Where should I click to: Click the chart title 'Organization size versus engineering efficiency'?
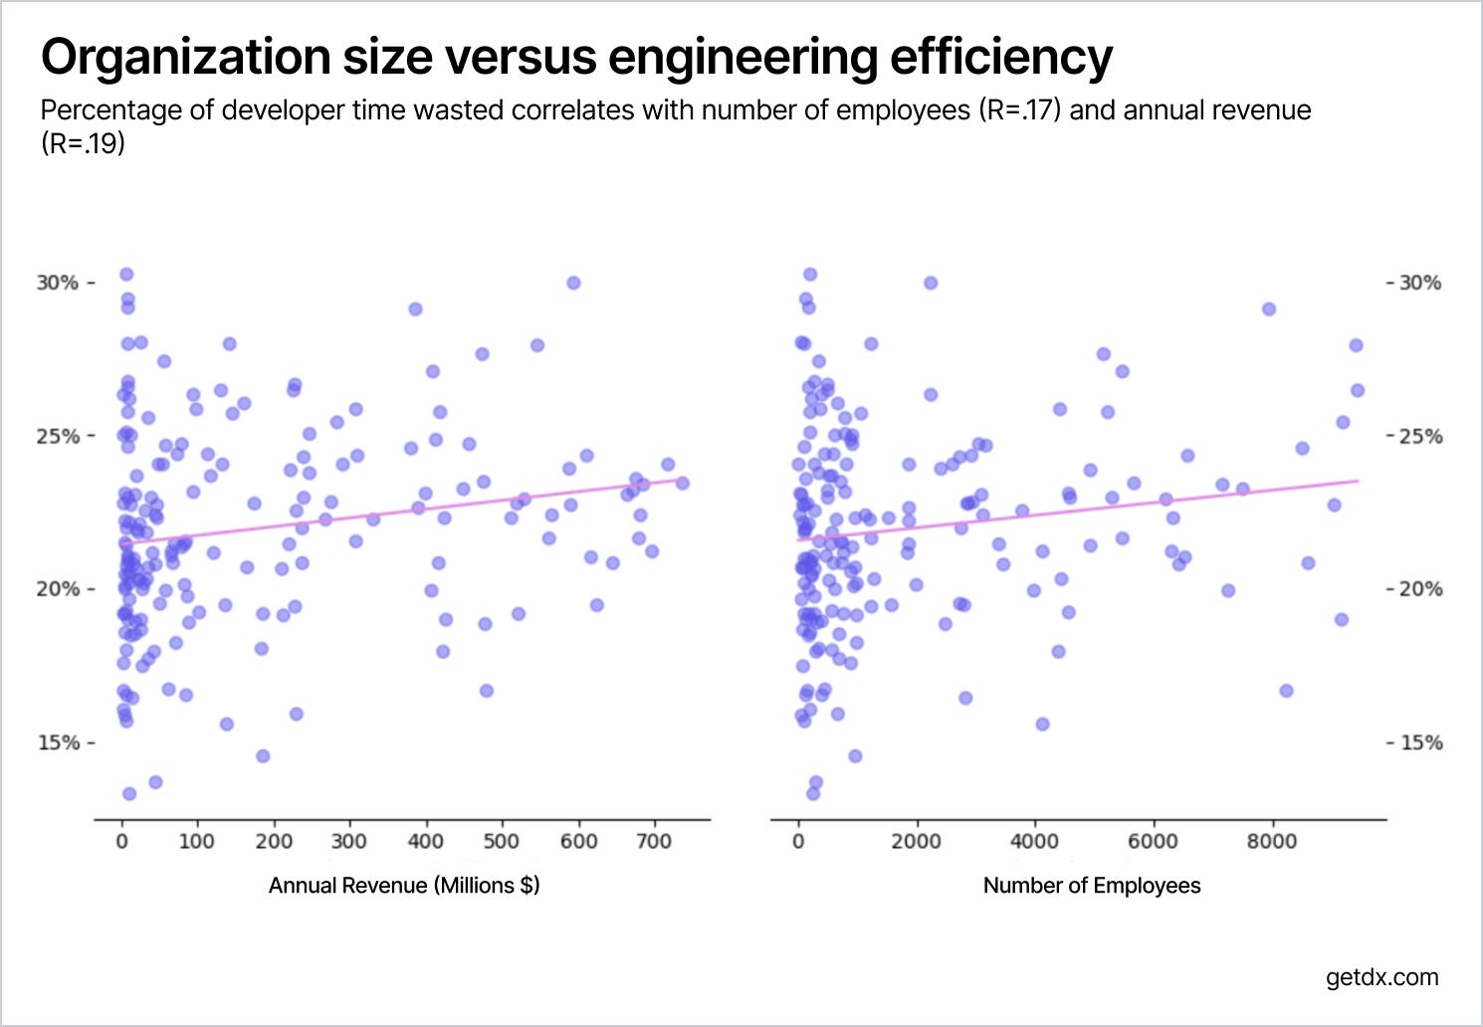[576, 57]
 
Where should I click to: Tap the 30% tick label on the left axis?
[58, 283]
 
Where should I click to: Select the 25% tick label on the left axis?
[58, 436]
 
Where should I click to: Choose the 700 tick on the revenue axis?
[654, 841]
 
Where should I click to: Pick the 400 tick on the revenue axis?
[426, 841]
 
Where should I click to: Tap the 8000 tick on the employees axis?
[1272, 841]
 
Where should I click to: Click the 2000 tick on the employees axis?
[916, 841]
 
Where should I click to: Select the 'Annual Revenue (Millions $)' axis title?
[404, 886]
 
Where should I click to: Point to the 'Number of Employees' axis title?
[1092, 886]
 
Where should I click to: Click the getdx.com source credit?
[1381, 977]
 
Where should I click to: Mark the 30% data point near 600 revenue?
[573, 283]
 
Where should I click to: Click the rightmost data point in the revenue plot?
[682, 483]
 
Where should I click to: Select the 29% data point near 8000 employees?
[1269, 308]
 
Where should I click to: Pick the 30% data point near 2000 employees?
[931, 283]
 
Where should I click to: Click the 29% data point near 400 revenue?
[415, 308]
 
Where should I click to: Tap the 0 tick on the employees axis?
[798, 841]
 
